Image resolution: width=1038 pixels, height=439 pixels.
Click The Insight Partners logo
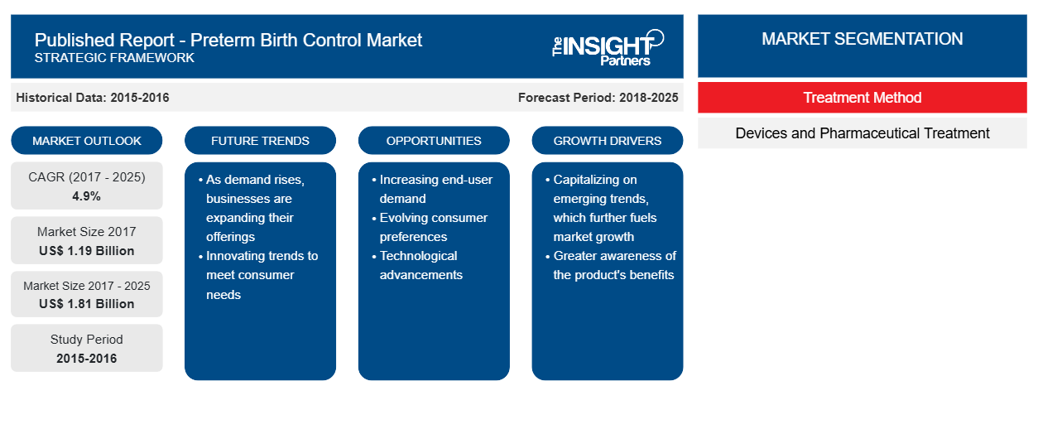point(608,48)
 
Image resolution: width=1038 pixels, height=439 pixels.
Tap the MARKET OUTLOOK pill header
point(87,141)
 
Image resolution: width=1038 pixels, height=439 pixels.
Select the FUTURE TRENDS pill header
point(260,141)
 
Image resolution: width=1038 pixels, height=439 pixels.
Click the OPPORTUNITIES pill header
point(434,141)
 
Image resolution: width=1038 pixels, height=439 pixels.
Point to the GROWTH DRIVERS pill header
point(607,141)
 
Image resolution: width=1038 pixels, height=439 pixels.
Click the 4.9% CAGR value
point(86,196)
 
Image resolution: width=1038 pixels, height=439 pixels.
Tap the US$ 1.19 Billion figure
point(87,251)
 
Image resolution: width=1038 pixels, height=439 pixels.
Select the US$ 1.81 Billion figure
point(87,304)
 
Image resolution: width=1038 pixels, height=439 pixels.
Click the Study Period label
point(87,340)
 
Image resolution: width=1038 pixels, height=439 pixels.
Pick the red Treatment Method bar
point(863,98)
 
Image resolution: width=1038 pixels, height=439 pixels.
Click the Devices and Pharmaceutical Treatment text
point(863,133)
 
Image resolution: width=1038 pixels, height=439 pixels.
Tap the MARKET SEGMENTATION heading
point(863,39)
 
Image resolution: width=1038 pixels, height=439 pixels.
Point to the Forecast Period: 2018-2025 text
point(598,98)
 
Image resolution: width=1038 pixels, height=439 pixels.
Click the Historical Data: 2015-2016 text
point(93,98)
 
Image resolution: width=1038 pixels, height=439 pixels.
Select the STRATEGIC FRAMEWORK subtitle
point(114,58)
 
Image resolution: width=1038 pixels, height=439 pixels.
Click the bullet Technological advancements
point(417,265)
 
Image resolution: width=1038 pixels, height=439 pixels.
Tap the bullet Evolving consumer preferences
point(430,227)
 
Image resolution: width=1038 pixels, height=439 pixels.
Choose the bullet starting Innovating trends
point(258,275)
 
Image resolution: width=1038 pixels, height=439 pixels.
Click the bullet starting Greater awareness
point(611,265)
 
